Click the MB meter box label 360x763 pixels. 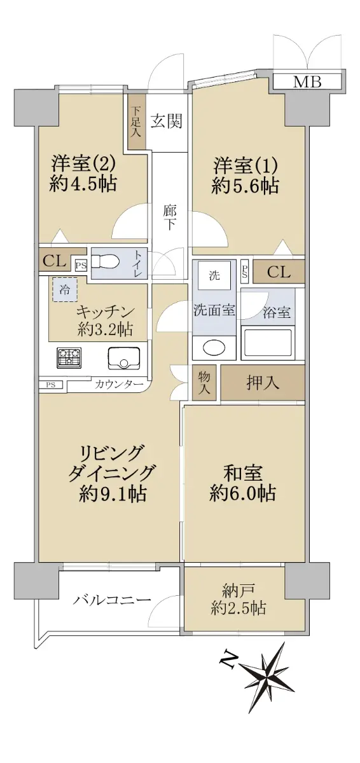click(x=308, y=82)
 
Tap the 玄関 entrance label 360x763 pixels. click(x=167, y=121)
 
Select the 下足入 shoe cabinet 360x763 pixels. click(x=137, y=122)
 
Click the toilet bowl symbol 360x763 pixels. click(x=105, y=263)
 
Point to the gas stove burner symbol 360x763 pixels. click(x=69, y=359)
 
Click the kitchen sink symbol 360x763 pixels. click(x=124, y=359)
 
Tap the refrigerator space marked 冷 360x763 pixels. click(x=65, y=289)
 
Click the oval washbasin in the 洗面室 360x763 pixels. click(x=214, y=348)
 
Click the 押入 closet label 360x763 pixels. click(x=263, y=383)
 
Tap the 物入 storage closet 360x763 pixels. click(x=204, y=383)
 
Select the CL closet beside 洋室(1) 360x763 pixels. click(x=279, y=272)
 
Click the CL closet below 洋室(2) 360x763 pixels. click(x=55, y=261)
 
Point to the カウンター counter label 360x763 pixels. click(x=119, y=384)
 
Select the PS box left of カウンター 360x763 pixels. click(x=51, y=385)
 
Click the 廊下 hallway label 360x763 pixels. click(x=169, y=218)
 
